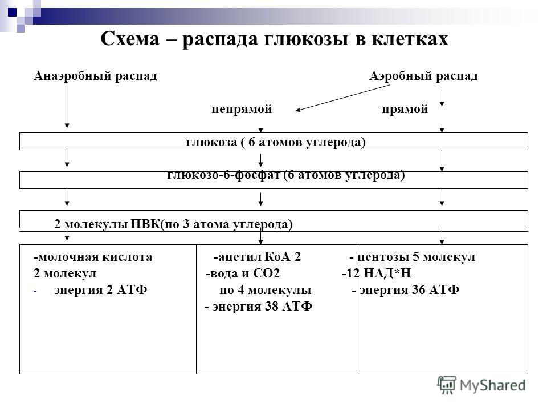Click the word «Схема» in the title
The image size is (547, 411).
[130, 38]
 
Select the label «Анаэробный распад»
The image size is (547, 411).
[95, 76]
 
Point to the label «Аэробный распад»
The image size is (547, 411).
[423, 76]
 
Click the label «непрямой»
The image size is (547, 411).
[242, 109]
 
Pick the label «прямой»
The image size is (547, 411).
[405, 109]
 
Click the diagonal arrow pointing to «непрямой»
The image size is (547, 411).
[342, 98]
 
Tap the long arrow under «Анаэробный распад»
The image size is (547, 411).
[67, 106]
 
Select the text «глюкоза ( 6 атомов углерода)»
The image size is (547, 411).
[276, 142]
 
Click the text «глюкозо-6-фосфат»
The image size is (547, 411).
[223, 175]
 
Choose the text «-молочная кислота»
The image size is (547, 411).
[93, 257]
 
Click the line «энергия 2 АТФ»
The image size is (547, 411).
[100, 290]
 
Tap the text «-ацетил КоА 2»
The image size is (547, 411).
[257, 257]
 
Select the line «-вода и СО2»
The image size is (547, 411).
[243, 273]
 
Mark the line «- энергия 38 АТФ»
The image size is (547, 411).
[259, 307]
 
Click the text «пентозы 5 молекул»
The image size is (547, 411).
[416, 257]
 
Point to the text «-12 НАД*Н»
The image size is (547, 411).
[377, 273]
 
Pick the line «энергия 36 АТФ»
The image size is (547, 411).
[409, 290]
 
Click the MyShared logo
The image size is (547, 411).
[481, 385]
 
